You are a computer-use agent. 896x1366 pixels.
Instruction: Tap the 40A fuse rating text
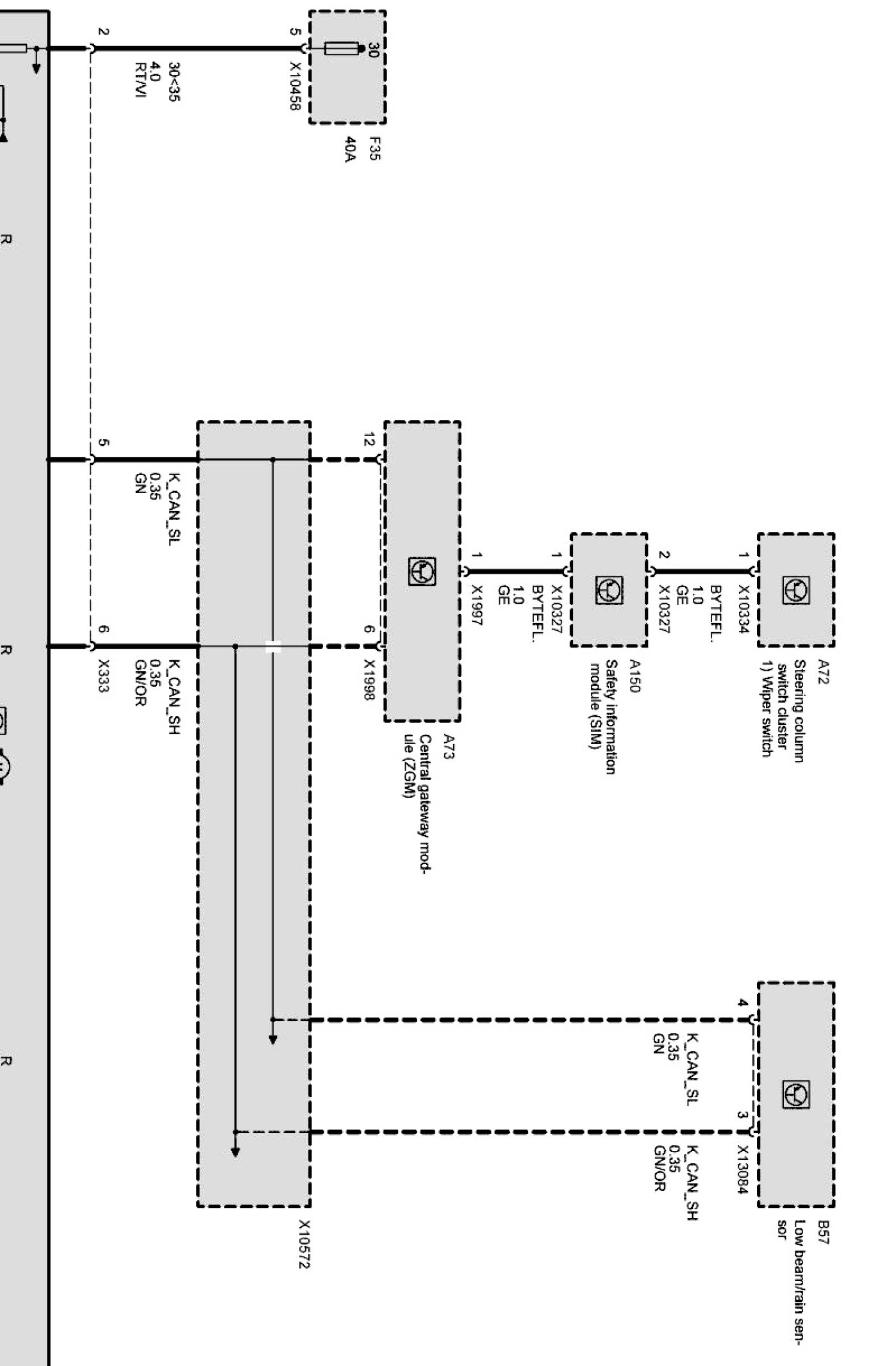(x=349, y=149)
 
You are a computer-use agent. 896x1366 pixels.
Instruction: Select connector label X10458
(x=295, y=86)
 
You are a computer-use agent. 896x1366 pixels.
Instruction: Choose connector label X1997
(x=477, y=605)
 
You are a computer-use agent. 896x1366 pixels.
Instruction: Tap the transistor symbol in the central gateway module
(x=422, y=571)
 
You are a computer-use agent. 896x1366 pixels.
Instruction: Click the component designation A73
(x=448, y=747)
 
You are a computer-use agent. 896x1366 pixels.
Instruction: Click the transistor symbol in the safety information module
(x=608, y=590)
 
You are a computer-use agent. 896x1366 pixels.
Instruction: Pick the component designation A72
(x=822, y=672)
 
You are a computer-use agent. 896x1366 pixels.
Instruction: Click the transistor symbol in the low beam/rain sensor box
(x=795, y=1094)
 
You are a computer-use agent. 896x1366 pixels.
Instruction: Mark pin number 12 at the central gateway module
(x=369, y=439)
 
